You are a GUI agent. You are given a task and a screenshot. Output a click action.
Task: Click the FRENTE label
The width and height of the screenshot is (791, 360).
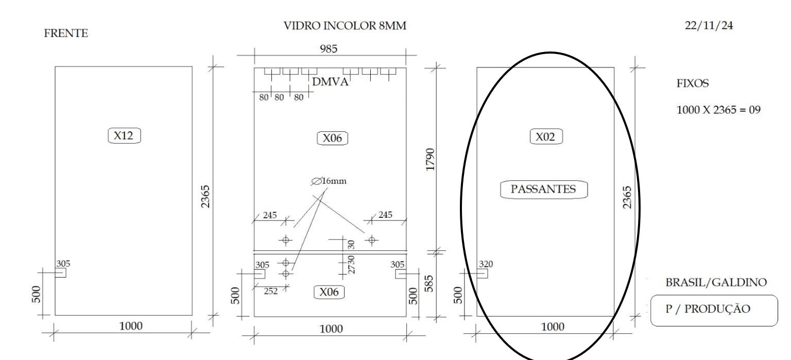pyautogui.click(x=66, y=33)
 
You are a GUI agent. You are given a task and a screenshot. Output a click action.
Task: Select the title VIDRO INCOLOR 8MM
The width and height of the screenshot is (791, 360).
pyautogui.click(x=345, y=26)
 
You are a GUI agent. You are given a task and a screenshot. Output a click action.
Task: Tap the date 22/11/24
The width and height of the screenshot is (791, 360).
pyautogui.click(x=709, y=25)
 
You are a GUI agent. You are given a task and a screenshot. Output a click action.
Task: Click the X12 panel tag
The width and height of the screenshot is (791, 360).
pyautogui.click(x=124, y=135)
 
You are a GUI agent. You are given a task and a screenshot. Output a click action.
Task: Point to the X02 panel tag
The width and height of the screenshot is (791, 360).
pyautogui.click(x=546, y=136)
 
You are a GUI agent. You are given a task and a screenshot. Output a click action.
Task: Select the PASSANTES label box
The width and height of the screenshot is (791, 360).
pyautogui.click(x=544, y=190)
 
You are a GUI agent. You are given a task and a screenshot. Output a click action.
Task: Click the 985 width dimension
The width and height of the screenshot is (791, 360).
pyautogui.click(x=329, y=49)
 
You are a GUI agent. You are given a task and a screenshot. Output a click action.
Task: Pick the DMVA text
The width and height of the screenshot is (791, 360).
pyautogui.click(x=330, y=81)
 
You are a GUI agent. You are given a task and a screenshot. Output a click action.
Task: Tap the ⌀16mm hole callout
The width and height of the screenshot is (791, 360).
pyautogui.click(x=329, y=181)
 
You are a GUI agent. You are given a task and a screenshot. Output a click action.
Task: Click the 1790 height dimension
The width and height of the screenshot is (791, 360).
pyautogui.click(x=430, y=160)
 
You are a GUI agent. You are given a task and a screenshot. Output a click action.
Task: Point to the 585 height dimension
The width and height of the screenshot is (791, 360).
pyautogui.click(x=428, y=284)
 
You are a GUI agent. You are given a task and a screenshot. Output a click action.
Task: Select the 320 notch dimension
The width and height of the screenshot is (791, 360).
pyautogui.click(x=486, y=264)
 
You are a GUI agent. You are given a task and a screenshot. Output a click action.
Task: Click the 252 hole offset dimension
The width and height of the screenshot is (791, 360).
pyautogui.click(x=271, y=291)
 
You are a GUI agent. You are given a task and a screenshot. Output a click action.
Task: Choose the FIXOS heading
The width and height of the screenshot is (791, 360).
pyautogui.click(x=693, y=83)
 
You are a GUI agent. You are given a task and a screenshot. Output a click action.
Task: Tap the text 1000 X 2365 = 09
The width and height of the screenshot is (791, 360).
pyautogui.click(x=718, y=110)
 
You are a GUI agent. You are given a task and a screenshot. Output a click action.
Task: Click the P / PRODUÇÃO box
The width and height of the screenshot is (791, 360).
pyautogui.click(x=714, y=310)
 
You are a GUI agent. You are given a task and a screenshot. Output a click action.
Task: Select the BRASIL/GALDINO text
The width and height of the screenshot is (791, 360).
pyautogui.click(x=716, y=282)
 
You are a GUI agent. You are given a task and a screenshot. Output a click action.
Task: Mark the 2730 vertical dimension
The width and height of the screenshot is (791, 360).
pyautogui.click(x=351, y=265)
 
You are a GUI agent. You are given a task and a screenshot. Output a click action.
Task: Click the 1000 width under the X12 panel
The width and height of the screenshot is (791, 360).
pyautogui.click(x=131, y=325)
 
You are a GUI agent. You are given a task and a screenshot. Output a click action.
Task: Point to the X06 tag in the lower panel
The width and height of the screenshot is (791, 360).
pyautogui.click(x=329, y=292)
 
